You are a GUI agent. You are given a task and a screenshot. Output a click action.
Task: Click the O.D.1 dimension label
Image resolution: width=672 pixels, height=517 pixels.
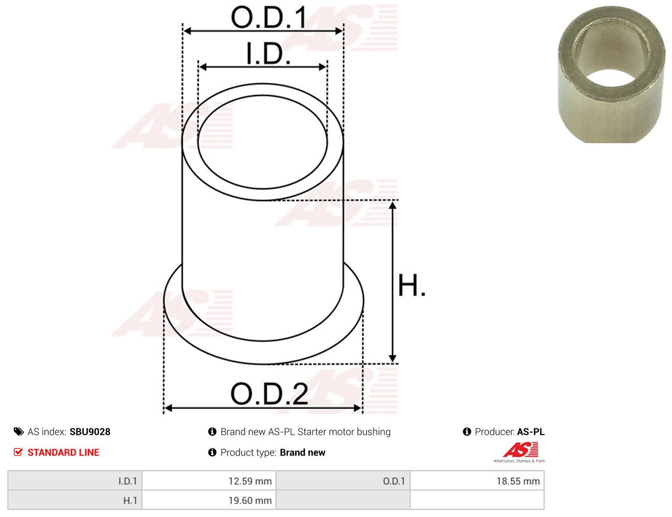click(269, 17)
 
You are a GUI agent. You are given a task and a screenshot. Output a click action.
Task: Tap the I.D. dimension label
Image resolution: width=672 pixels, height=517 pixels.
click(269, 53)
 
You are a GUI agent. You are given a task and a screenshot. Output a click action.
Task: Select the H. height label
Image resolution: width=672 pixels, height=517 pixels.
click(411, 285)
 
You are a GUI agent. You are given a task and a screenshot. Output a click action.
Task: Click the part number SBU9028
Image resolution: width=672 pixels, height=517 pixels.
click(90, 432)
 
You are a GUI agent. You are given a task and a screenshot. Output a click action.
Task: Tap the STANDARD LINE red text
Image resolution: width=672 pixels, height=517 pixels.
click(63, 452)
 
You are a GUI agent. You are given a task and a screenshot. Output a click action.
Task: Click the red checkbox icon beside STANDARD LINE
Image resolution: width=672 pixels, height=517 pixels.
click(18, 452)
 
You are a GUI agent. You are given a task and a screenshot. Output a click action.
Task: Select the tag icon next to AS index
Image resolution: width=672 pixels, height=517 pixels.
click(18, 432)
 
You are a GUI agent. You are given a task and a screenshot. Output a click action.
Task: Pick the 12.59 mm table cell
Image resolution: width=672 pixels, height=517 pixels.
click(209, 481)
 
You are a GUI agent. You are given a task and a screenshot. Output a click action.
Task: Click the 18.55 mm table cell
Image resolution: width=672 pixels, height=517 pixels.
click(477, 481)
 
